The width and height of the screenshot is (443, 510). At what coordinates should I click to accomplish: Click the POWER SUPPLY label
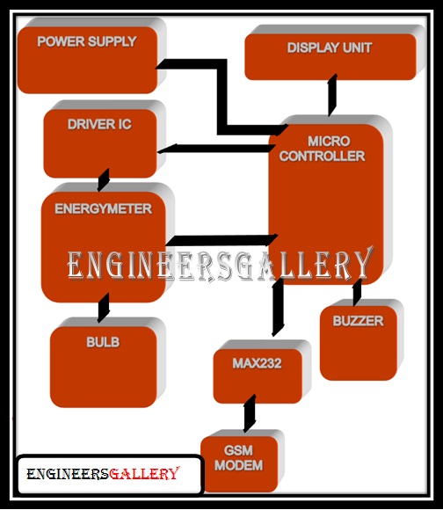(x=87, y=41)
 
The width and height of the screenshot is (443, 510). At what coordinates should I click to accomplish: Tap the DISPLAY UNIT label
(x=330, y=47)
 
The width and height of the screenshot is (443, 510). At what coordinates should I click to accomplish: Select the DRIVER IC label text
(x=99, y=124)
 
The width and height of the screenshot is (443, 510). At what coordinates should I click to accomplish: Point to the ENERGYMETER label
(x=104, y=208)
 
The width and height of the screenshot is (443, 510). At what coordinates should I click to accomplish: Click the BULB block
(x=104, y=367)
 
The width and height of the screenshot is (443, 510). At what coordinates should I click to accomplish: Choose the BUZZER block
(x=359, y=343)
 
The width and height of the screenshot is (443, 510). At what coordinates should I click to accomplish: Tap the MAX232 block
(x=258, y=376)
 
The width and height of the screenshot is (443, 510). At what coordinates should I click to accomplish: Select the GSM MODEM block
(x=240, y=464)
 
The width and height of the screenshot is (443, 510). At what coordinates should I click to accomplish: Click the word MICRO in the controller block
(x=329, y=142)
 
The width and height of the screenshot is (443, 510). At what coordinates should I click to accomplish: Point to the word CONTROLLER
(x=322, y=156)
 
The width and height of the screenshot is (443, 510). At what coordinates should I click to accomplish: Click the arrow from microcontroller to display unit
(x=332, y=95)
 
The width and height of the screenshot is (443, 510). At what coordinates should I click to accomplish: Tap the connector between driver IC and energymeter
(x=104, y=180)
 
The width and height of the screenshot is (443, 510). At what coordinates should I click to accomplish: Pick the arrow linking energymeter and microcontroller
(x=221, y=240)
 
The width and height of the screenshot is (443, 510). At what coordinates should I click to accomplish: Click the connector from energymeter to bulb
(x=104, y=308)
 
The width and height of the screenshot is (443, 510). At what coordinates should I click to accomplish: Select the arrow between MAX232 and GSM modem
(x=250, y=413)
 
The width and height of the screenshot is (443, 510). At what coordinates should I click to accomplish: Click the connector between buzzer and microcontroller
(x=357, y=293)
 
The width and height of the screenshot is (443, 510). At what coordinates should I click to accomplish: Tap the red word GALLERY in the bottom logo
(x=144, y=473)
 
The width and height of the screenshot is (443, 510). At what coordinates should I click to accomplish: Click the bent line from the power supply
(x=222, y=98)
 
